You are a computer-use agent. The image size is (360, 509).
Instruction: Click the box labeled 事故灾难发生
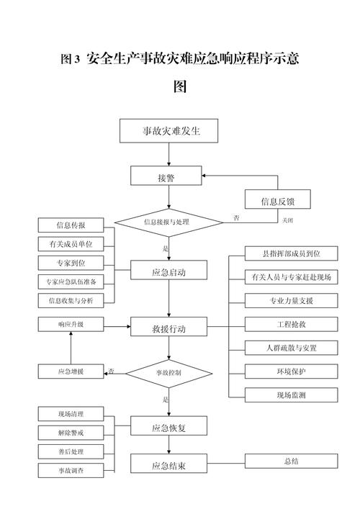[169, 131]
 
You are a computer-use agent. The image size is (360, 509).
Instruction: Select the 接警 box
[167, 176]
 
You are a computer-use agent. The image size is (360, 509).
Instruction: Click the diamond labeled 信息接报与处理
[166, 222]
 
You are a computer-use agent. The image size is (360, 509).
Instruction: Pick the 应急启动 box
[169, 271]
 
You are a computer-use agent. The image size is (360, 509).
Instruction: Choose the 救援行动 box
[169, 328]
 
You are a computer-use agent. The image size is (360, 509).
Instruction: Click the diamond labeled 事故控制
[168, 372]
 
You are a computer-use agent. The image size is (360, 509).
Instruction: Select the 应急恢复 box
[169, 426]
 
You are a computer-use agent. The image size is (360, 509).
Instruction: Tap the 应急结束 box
[169, 465]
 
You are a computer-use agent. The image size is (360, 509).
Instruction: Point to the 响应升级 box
[71, 325]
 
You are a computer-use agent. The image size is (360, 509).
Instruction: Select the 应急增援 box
[71, 371]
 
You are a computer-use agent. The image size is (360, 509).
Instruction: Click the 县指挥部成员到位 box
[282, 253]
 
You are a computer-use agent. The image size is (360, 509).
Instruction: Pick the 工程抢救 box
[282, 324]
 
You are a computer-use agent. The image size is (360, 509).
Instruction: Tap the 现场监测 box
[282, 395]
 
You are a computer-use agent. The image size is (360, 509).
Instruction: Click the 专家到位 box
[71, 262]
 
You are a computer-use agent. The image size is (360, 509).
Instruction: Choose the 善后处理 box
[71, 451]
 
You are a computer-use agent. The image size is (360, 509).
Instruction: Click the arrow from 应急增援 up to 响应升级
[71, 348]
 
